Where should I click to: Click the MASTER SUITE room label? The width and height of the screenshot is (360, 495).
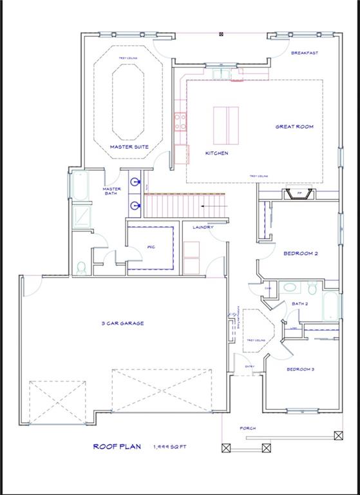click(129, 147)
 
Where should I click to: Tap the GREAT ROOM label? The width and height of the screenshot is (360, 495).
click(294, 127)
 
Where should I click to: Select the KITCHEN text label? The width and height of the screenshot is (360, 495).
click(216, 153)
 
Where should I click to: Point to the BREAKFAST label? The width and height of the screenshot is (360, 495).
click(305, 53)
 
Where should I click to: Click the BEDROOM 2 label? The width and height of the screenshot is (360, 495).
click(301, 253)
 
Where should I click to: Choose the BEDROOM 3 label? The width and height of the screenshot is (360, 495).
click(300, 369)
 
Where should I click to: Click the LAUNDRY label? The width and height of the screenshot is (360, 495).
click(202, 227)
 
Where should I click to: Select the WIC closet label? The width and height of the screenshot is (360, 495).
click(151, 246)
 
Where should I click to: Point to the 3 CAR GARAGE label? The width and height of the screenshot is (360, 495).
click(122, 323)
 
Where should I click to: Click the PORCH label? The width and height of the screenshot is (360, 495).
click(248, 428)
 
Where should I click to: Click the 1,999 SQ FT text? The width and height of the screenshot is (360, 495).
click(171, 447)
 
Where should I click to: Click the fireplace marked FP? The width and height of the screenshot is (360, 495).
click(300, 194)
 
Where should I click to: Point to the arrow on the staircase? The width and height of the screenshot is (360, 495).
click(208, 206)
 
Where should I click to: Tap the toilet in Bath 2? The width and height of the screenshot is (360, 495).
click(310, 287)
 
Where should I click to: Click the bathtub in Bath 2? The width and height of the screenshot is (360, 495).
click(330, 307)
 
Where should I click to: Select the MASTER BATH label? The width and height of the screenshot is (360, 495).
click(112, 191)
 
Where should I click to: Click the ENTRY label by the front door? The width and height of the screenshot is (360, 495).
click(249, 367)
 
